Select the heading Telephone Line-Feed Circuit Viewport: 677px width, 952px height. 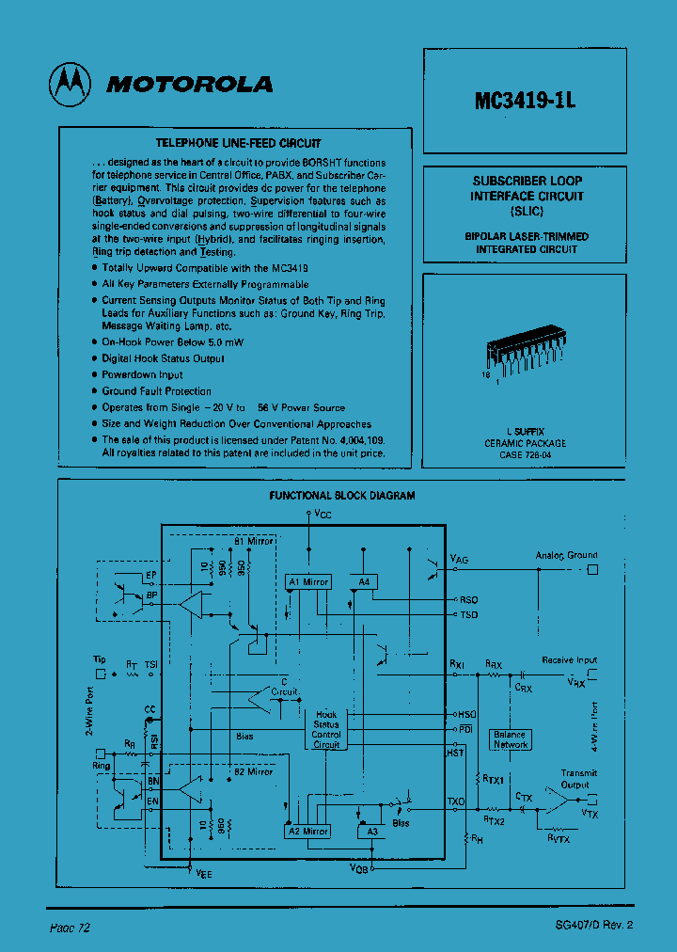point(238,143)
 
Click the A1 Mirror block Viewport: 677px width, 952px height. point(308,581)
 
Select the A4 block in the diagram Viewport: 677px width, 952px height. point(363,581)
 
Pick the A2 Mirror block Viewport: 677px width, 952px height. point(307,832)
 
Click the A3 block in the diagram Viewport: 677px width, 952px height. point(370,832)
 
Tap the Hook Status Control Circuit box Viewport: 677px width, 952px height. point(326,730)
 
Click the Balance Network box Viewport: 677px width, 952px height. point(511,739)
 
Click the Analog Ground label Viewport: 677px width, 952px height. point(566,555)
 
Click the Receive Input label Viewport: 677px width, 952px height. point(569,660)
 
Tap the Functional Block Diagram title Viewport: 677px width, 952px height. point(342,495)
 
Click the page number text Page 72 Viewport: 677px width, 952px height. point(70,927)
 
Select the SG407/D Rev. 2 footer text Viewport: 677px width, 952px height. point(594,925)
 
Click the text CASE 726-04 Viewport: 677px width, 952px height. point(526,455)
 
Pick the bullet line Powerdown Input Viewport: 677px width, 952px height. point(143,374)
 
